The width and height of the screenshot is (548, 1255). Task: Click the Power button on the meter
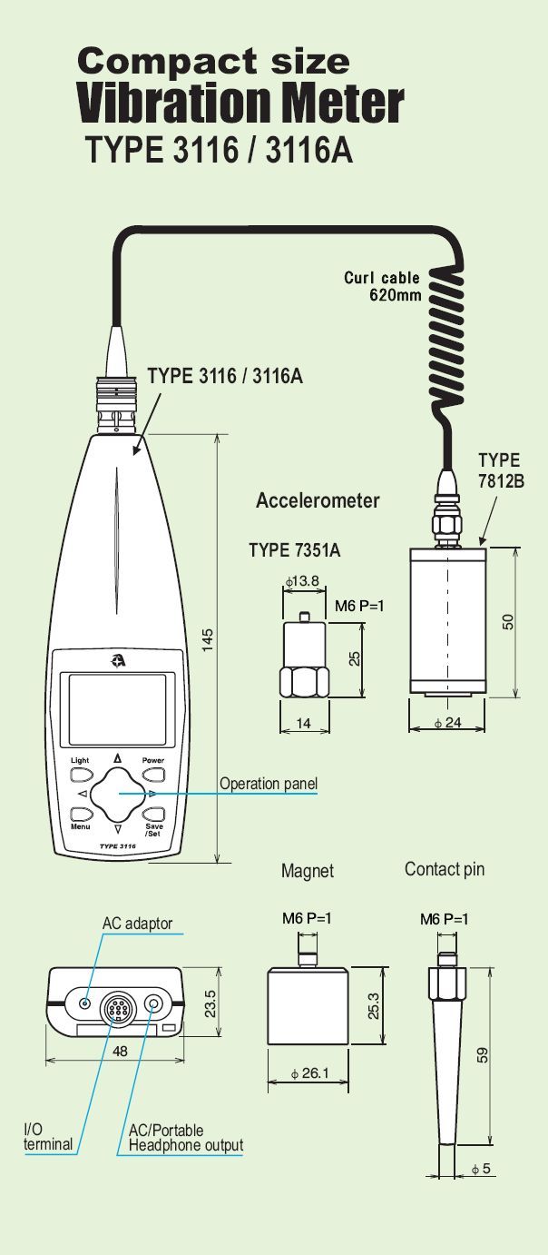tap(154, 775)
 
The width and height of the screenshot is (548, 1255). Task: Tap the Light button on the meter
tap(80, 775)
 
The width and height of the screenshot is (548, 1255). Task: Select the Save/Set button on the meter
tap(154, 815)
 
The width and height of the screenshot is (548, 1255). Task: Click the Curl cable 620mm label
tap(381, 286)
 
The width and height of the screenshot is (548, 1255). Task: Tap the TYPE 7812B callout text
tap(501, 470)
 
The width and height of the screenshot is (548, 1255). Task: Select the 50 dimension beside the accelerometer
tap(509, 622)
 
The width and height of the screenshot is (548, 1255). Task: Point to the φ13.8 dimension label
tap(302, 581)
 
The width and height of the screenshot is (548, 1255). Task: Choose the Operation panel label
tap(269, 784)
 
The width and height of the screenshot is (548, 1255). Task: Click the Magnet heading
tap(308, 871)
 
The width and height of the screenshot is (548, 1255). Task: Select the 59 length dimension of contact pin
tap(483, 1055)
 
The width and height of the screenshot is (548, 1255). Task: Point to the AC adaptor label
tap(137, 924)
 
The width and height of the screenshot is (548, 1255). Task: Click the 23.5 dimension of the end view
tap(210, 1003)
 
